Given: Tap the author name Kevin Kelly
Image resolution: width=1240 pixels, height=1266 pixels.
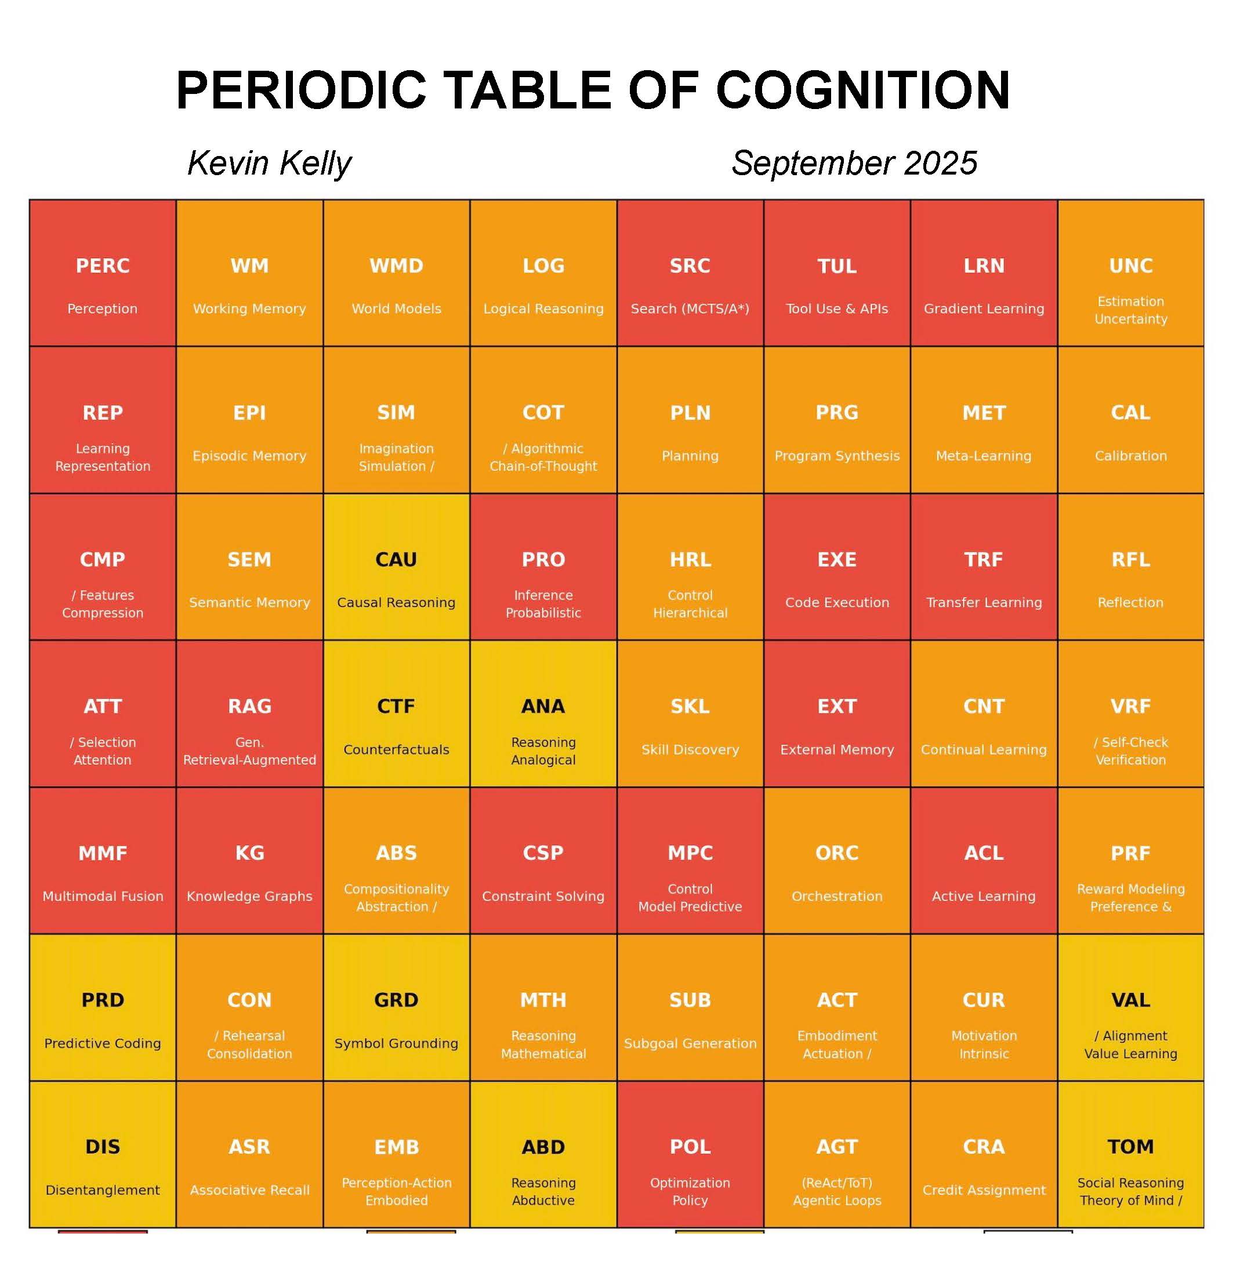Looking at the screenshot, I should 269,163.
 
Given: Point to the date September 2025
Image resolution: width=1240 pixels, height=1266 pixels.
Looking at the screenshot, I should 854,163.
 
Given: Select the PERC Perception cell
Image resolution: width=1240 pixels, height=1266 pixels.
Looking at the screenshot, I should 102,273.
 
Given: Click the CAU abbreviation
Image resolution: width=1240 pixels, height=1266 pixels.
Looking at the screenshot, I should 396,560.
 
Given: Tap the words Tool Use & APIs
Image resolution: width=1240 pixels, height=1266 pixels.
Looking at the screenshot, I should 837,309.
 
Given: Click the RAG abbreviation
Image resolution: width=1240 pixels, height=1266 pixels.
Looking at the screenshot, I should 249,706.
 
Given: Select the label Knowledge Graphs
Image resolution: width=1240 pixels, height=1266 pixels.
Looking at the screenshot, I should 249,896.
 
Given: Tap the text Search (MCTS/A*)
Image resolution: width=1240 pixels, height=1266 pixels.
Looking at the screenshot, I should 690,309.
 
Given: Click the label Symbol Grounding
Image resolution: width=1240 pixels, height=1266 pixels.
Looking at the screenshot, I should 396,1043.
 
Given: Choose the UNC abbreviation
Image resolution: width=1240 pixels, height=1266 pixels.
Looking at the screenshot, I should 1130,266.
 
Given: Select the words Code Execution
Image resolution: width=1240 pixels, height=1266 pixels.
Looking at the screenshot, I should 837,603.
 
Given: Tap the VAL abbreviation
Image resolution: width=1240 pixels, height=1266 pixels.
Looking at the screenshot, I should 1130,1000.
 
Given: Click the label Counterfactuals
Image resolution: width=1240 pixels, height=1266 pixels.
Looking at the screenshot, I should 396,750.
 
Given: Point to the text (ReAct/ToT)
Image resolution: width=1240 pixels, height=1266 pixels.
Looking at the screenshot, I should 837,1182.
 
